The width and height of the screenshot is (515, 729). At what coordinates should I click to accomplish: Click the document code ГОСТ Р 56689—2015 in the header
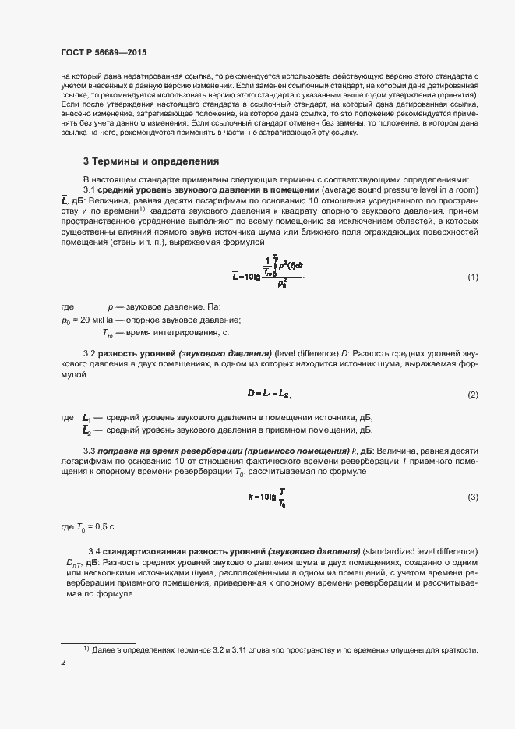(103, 51)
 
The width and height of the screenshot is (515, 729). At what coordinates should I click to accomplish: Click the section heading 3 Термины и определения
(150, 162)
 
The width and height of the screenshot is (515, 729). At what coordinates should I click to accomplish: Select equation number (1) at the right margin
(472, 278)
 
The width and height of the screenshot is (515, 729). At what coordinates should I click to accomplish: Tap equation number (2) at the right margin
(472, 395)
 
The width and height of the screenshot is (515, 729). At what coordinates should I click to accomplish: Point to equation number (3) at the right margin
(472, 497)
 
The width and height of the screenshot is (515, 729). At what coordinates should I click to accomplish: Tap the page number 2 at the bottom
(63, 663)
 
